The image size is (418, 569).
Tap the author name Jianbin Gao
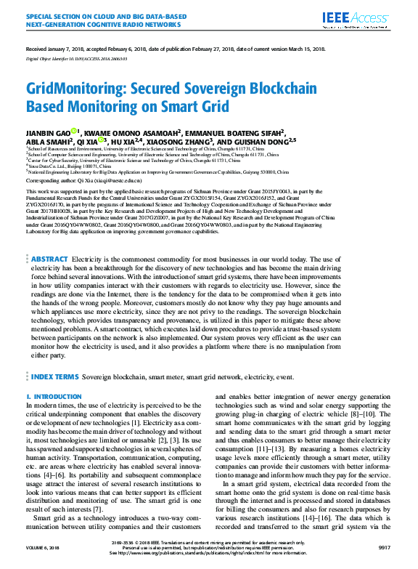tap(49, 133)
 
